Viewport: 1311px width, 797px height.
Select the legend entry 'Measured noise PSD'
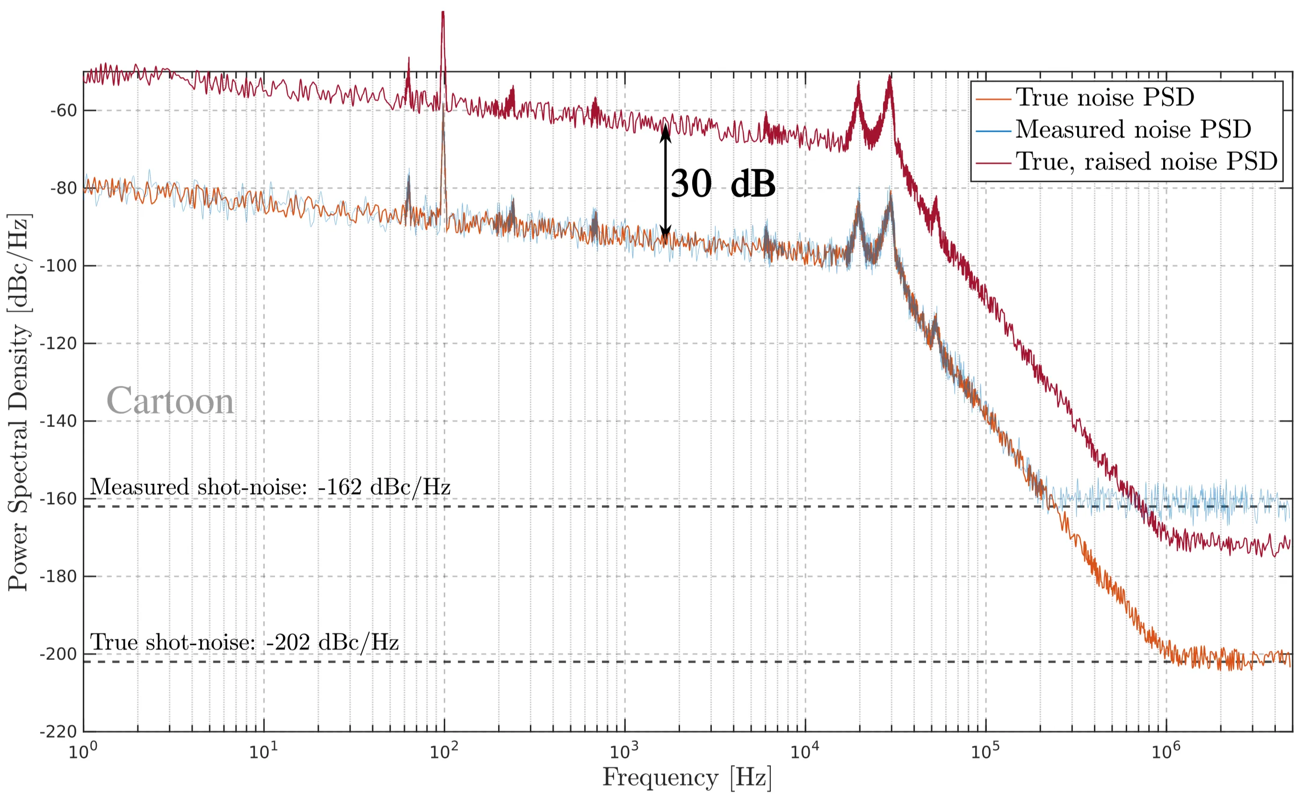pos(1133,130)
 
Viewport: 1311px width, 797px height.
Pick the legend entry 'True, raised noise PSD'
pos(1146,162)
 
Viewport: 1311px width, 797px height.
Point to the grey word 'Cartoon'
pos(170,402)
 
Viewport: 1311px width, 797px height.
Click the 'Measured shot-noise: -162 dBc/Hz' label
pos(270,487)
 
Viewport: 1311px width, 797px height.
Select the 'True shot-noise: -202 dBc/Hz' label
pos(244,643)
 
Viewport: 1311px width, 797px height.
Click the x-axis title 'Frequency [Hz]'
pos(687,778)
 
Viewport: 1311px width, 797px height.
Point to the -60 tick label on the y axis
pos(64,111)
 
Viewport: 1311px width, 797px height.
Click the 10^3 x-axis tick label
pos(625,752)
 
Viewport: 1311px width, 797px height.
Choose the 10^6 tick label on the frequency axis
pos(1166,752)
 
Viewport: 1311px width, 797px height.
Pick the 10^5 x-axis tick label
pos(986,752)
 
